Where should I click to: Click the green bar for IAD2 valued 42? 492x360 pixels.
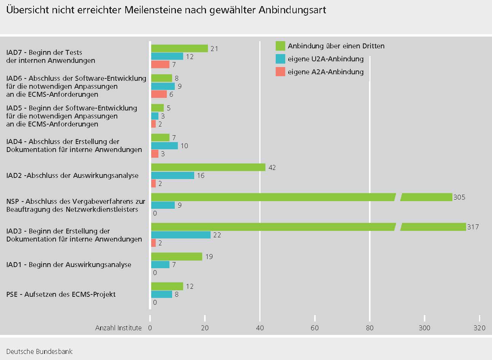click(x=208, y=167)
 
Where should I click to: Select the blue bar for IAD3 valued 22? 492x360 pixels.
click(x=181, y=235)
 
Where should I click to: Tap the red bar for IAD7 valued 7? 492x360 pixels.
click(x=160, y=64)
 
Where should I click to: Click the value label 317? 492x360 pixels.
click(x=473, y=227)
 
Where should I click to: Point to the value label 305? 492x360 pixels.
click(x=459, y=197)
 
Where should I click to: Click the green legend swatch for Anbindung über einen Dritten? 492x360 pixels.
click(x=280, y=46)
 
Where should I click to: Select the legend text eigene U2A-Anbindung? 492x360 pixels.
click(x=326, y=59)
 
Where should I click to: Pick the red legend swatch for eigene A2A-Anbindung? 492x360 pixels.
click(x=280, y=72)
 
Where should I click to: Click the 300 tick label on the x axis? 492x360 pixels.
click(x=424, y=328)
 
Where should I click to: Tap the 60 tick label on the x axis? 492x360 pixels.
click(x=315, y=328)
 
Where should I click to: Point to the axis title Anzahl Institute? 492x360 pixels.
click(x=118, y=328)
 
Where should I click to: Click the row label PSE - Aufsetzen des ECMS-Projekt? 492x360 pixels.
click(x=61, y=294)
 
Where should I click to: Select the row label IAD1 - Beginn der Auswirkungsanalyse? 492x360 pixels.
click(x=69, y=265)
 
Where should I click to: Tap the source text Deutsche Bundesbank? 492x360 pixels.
click(x=39, y=351)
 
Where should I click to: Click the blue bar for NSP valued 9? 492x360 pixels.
click(x=163, y=205)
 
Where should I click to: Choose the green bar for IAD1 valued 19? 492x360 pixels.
click(x=176, y=256)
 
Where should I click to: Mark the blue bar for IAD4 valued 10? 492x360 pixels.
click(x=164, y=146)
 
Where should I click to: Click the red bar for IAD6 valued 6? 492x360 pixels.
click(x=159, y=94)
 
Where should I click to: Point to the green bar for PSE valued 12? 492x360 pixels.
click(x=167, y=286)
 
